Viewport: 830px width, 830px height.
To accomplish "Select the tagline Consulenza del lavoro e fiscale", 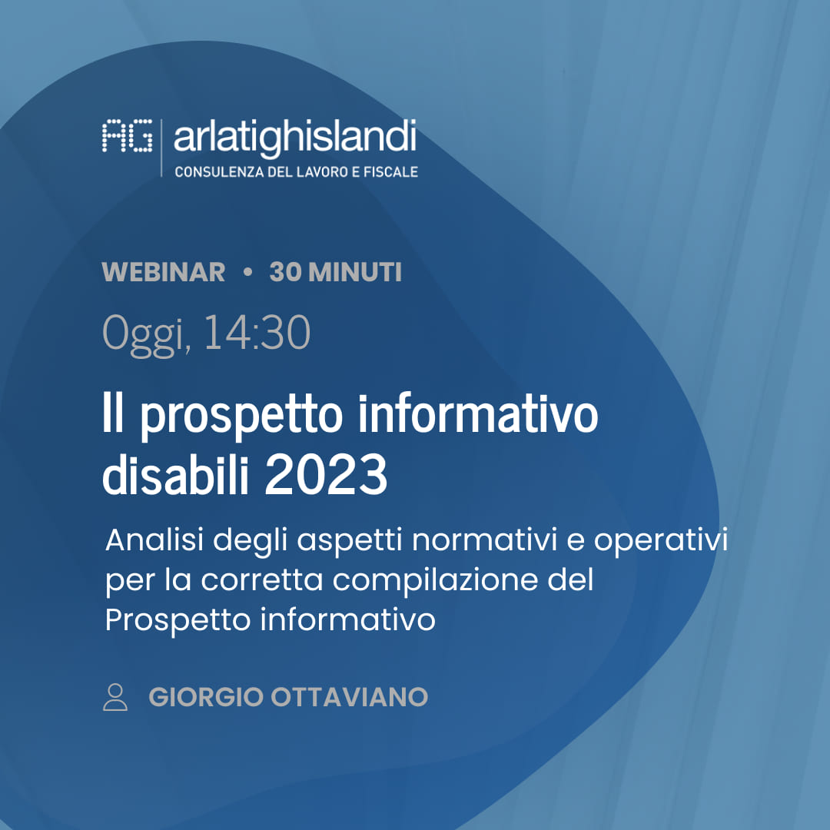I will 297,171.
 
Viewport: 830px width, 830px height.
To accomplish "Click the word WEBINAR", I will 164,272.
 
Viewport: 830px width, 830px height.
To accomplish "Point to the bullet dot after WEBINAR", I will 247,272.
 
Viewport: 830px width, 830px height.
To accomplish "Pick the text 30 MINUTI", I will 335,272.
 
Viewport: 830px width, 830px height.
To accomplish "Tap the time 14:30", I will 257,333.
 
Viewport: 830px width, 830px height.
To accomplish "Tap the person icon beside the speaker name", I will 115,696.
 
